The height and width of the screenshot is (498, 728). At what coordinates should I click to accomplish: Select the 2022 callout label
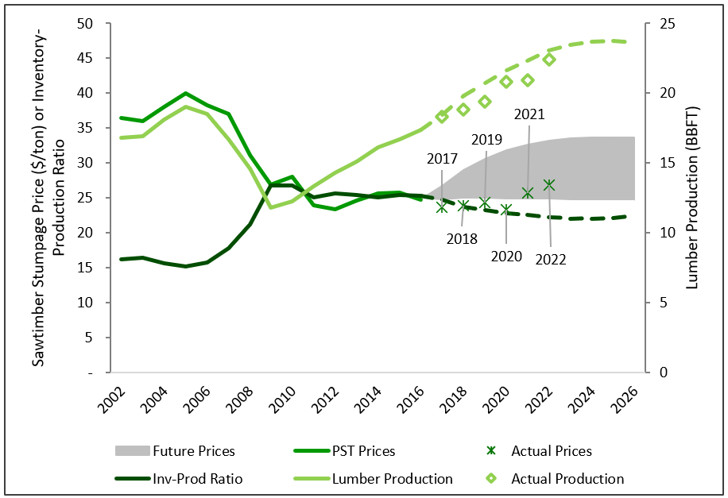coord(550,259)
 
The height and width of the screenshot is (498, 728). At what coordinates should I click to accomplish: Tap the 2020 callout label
coord(506,256)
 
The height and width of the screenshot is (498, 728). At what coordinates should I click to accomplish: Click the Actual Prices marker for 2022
coord(548,185)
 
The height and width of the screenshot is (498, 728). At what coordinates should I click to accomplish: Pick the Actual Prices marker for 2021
coord(527,192)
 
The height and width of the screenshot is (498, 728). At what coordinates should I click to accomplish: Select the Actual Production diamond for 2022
coord(548,60)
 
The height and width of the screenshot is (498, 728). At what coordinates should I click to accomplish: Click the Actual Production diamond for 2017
coord(442,117)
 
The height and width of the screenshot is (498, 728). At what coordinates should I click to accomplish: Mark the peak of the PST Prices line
coord(185,94)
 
